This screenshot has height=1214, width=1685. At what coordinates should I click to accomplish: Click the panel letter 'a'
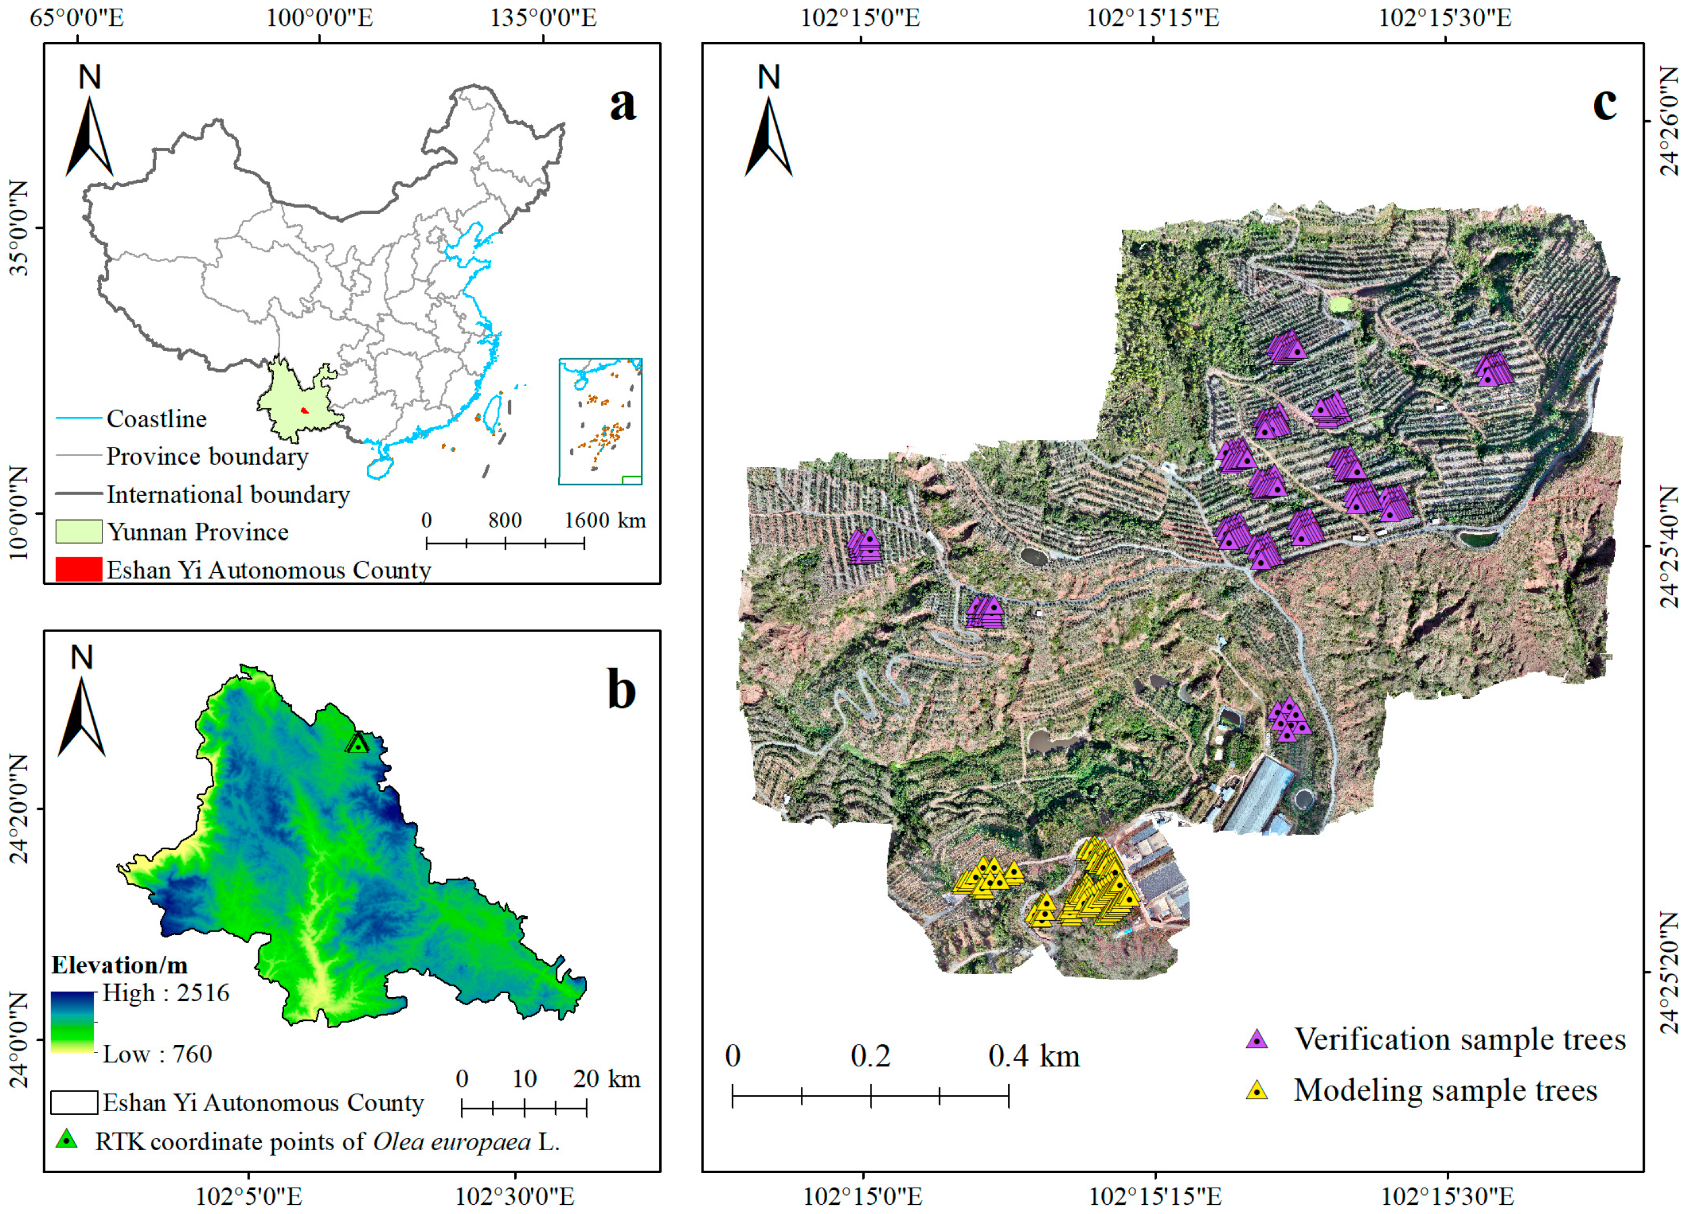tap(622, 105)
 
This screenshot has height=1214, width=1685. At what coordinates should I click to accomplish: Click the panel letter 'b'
tap(621, 689)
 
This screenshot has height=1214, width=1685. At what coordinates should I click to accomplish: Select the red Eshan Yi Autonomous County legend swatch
tap(78, 569)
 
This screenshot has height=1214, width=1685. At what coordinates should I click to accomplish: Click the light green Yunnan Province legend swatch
tap(78, 531)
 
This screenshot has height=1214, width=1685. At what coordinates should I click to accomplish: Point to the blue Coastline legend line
tap(78, 419)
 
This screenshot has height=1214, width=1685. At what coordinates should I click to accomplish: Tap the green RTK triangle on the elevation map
tap(358, 743)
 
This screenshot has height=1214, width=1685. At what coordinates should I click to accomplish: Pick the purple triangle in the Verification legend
tap(1256, 1040)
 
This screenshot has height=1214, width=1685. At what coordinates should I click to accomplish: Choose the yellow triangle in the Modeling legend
tap(1256, 1090)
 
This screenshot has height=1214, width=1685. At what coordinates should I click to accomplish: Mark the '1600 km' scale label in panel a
tap(605, 520)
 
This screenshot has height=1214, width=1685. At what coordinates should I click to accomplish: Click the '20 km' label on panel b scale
tap(606, 1079)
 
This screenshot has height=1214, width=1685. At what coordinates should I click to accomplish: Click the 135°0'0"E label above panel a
tap(542, 18)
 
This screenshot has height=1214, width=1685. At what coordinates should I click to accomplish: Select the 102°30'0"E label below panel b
tap(514, 1196)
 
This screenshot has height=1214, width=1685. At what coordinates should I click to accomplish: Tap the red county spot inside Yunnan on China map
tap(304, 411)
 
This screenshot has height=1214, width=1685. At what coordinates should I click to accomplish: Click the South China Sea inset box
tap(600, 421)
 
